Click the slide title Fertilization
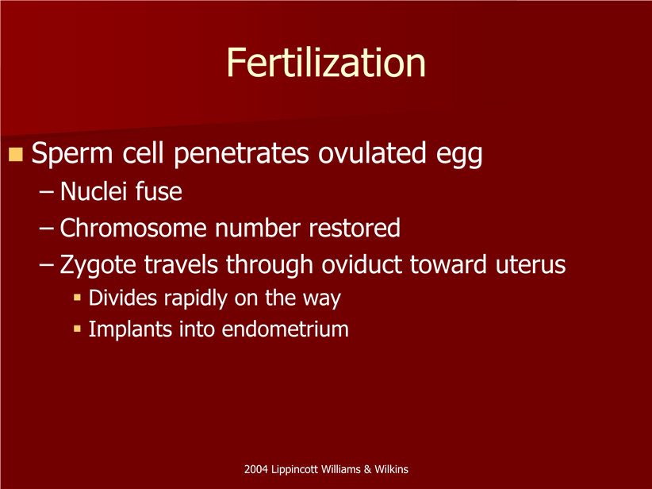coord(326,63)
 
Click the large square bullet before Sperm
coord(15,154)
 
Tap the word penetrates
coord(241,153)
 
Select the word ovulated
coord(372,152)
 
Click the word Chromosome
coord(133,228)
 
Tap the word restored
coord(355,228)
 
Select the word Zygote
coord(98,265)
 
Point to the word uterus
coord(531,265)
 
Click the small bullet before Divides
coord(77,297)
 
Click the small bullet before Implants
coord(77,329)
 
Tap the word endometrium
coord(286,329)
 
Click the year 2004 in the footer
coord(255,469)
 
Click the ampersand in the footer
coord(367,470)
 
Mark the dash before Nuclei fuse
coord(46,192)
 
